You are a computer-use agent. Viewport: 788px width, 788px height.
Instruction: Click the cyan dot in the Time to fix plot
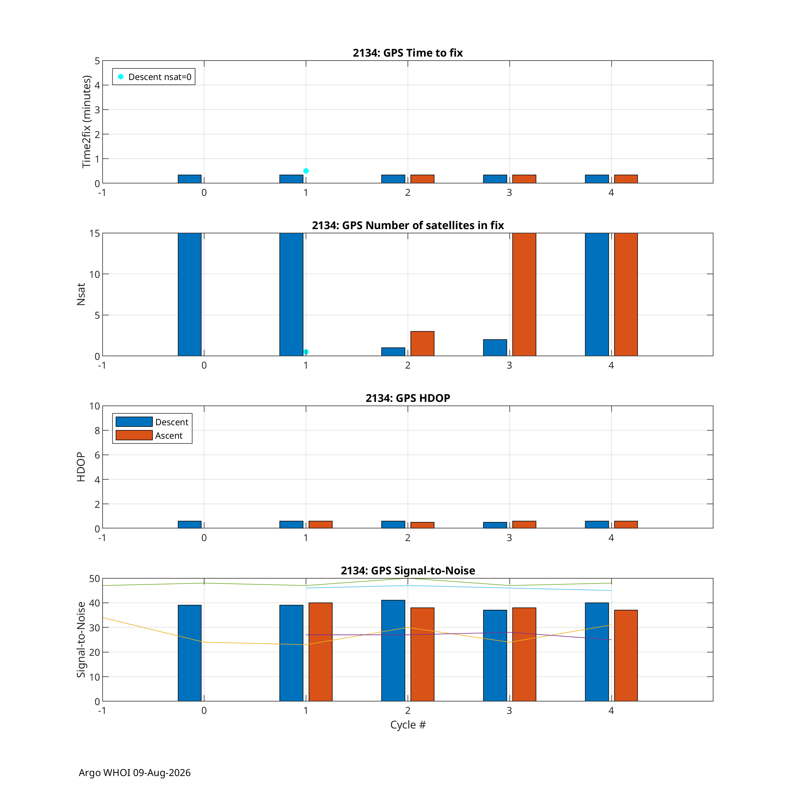tap(306, 171)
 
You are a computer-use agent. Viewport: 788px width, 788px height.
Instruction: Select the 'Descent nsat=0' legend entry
tap(154, 77)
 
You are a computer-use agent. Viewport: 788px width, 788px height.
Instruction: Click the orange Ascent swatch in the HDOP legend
tap(134, 435)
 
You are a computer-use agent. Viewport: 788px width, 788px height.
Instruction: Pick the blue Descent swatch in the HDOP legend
tap(134, 422)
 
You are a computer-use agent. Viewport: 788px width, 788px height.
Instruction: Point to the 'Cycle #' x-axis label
tap(408, 725)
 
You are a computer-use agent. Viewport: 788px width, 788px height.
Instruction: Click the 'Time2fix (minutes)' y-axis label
tap(86, 121)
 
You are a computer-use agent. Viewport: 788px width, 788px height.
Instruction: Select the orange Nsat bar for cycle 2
tap(422, 344)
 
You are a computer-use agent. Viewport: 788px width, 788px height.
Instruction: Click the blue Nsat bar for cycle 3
tap(495, 348)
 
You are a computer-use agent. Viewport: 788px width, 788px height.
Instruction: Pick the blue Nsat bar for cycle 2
tap(393, 352)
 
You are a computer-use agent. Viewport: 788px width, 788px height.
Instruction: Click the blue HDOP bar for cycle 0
tap(190, 524)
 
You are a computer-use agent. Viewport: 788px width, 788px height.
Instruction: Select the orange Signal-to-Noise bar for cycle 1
tap(320, 652)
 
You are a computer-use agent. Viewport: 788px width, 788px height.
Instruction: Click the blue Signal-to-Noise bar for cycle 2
tap(393, 651)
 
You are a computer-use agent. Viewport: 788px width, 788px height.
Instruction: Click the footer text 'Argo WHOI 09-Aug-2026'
tap(135, 773)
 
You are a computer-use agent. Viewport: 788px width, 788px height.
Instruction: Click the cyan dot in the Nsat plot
tap(306, 352)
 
